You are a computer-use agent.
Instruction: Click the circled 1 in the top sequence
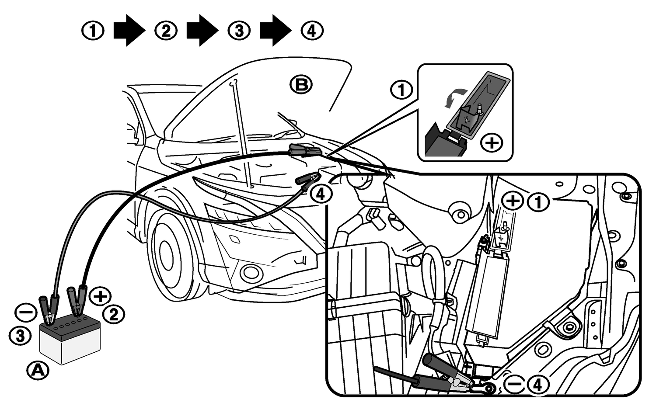click(93, 31)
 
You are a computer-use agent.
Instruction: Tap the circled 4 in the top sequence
click(312, 31)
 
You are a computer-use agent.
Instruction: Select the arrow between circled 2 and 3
click(202, 30)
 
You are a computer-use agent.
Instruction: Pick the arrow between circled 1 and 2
click(129, 30)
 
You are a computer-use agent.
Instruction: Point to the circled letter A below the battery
click(38, 371)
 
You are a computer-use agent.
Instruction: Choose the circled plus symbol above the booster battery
click(100, 296)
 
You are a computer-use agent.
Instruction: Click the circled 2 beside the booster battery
click(114, 314)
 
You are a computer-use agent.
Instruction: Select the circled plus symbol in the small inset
click(492, 143)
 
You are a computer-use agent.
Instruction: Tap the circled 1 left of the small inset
click(401, 90)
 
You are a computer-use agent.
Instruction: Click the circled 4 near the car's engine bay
click(321, 194)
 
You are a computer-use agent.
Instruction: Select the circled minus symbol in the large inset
click(516, 385)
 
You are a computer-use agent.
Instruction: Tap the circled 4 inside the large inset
click(537, 385)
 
